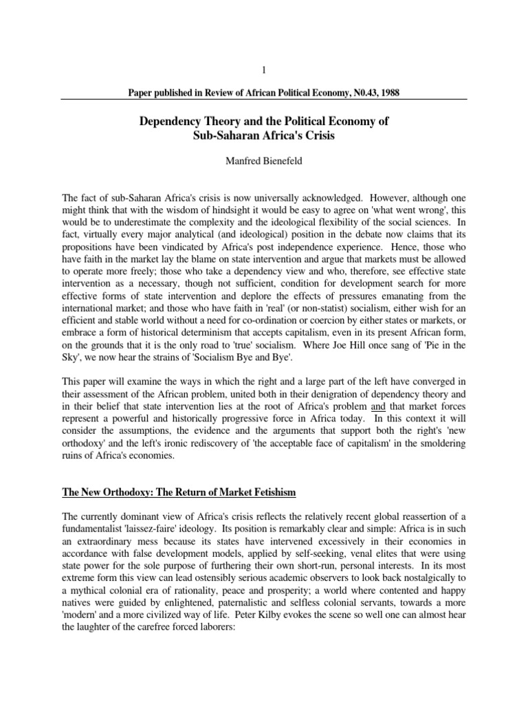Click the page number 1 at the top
coord(263,70)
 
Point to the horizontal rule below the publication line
coord(263,100)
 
